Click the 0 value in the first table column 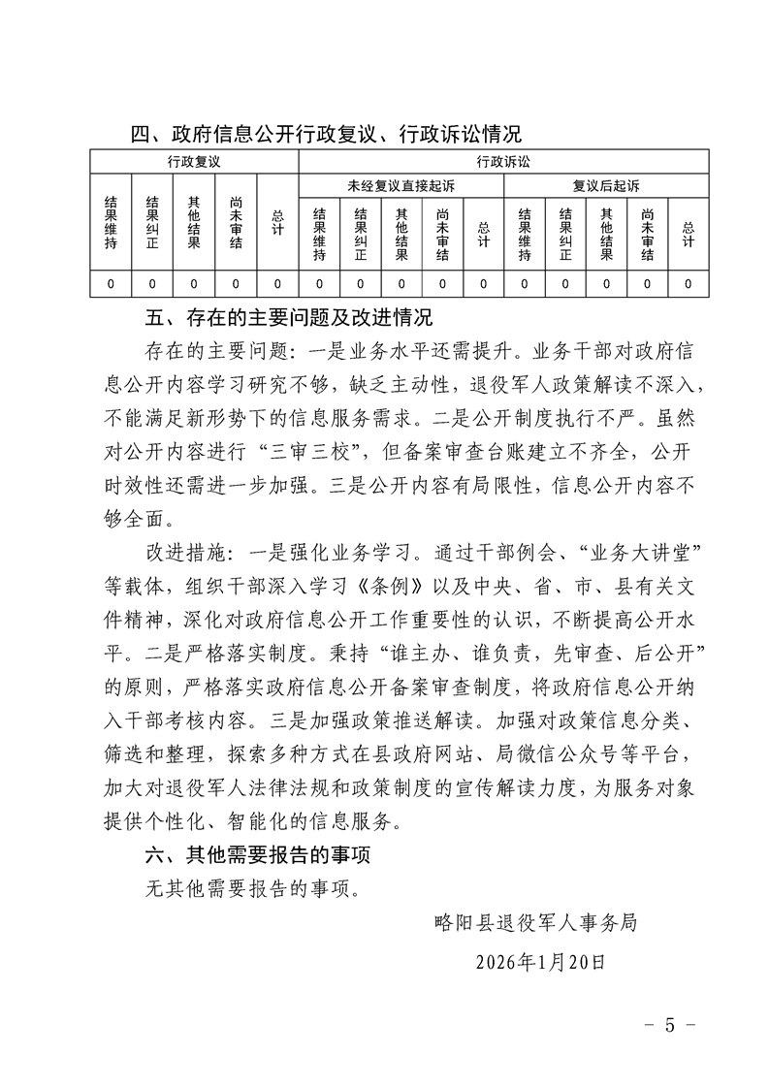click(111, 284)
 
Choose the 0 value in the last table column click(689, 284)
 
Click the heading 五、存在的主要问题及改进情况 click(287, 318)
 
